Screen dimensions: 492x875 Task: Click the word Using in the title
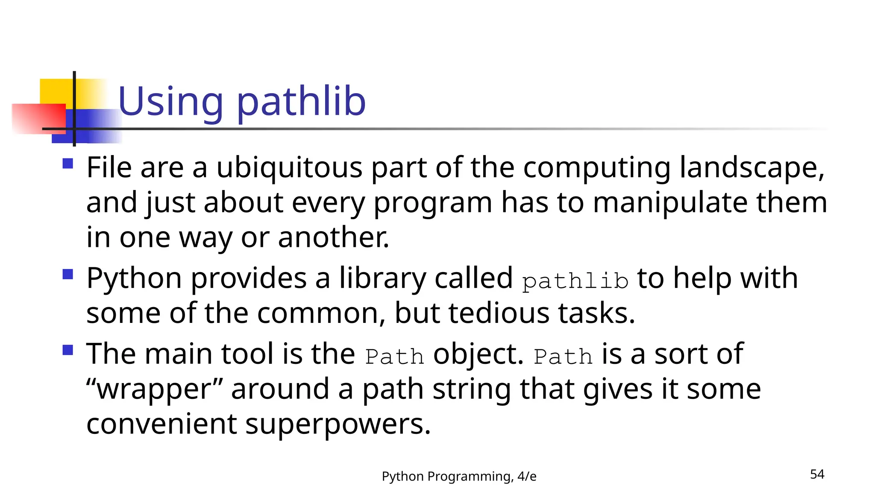pyautogui.click(x=170, y=102)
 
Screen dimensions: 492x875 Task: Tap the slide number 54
pyautogui.click(x=817, y=474)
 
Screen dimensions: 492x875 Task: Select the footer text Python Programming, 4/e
pyautogui.click(x=459, y=476)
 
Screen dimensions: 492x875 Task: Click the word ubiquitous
pyautogui.click(x=289, y=167)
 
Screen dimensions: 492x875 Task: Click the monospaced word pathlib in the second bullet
pyautogui.click(x=575, y=281)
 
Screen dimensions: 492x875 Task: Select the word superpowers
pyautogui.click(x=338, y=425)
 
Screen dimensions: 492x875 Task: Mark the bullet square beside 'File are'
pyautogui.click(x=68, y=164)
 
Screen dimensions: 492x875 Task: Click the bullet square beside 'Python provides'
pyautogui.click(x=68, y=274)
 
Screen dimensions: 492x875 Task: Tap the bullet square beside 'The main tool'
pyautogui.click(x=68, y=350)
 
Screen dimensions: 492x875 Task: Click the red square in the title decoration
pyautogui.click(x=38, y=119)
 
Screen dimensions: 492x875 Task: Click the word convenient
pyautogui.click(x=161, y=425)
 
